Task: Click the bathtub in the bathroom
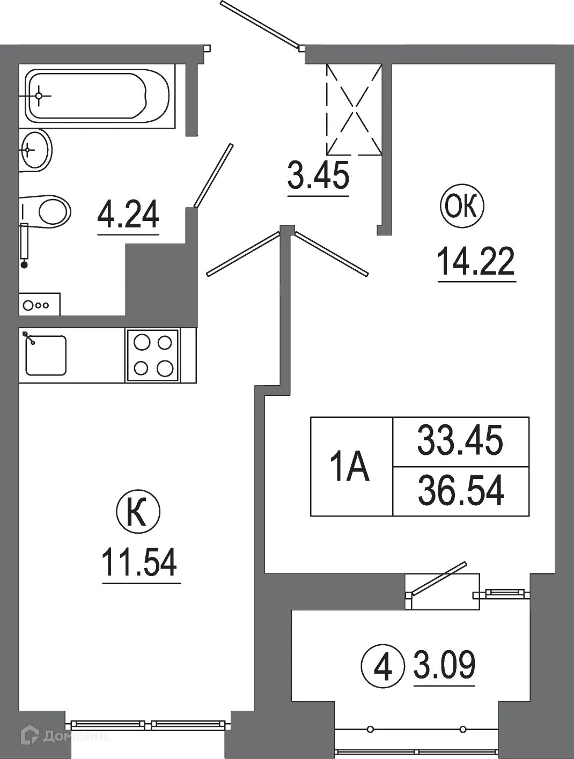[x=99, y=97]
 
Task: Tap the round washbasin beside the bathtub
[x=36, y=151]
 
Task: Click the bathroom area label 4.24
[x=128, y=214]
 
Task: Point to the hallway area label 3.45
[x=318, y=175]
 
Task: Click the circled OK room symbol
[x=462, y=207]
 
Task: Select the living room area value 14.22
[x=476, y=261]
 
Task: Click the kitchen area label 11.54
[x=139, y=563]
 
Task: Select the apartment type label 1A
[x=350, y=467]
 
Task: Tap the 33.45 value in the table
[x=460, y=441]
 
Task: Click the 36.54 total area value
[x=461, y=491]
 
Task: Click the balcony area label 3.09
[x=444, y=665]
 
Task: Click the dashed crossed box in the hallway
[x=354, y=110]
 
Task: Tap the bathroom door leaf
[x=214, y=175]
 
